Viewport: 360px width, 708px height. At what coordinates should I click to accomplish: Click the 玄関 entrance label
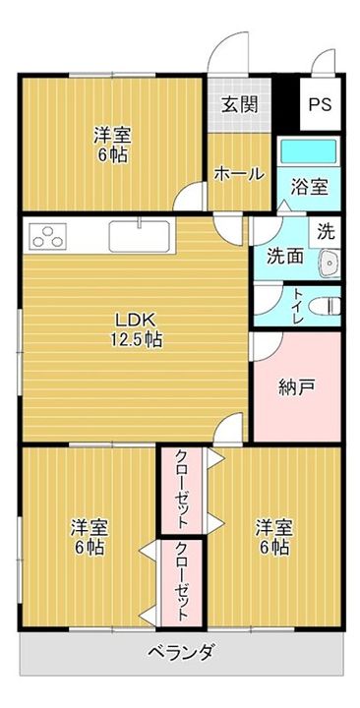point(239,105)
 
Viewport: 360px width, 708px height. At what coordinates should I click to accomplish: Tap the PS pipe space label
point(320,104)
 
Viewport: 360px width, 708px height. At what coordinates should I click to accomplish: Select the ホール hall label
point(238,173)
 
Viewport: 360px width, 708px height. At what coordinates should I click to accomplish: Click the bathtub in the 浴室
point(309,151)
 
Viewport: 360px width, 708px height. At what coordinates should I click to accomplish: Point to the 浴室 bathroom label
point(310,187)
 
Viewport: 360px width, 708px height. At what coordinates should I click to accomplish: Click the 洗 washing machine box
point(326,232)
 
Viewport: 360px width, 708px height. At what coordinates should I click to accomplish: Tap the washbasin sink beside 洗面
point(329,263)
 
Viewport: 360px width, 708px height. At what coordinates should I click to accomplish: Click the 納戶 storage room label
point(296,387)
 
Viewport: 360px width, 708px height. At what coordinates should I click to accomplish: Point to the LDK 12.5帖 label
point(136,329)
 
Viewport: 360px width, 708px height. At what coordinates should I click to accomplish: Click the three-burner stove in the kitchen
point(47,236)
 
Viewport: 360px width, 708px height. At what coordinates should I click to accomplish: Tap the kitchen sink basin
point(142,235)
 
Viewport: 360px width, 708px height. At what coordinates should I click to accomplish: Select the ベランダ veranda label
point(180,653)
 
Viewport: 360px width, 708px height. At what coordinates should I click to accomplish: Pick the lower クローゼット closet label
point(182,582)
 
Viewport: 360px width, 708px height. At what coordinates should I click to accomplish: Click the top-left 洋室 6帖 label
point(112,146)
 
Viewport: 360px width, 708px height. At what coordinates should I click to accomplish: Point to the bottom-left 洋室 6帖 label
point(89,537)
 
